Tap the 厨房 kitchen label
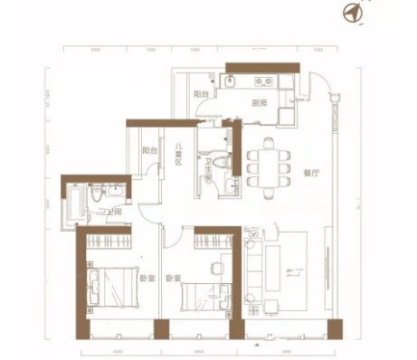pyautogui.click(x=258, y=102)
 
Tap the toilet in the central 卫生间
pyautogui.click(x=230, y=185)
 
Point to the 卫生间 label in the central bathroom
pyautogui.click(x=208, y=171)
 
